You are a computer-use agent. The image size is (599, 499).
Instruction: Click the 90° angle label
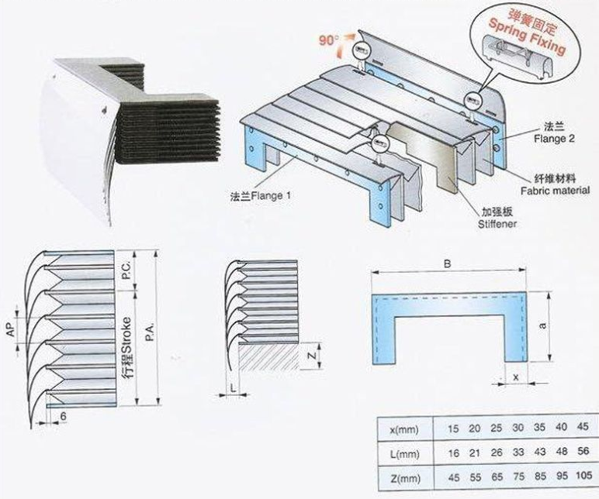point(329,37)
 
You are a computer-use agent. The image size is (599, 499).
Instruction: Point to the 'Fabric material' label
point(557,189)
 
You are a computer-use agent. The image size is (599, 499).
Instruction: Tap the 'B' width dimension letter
point(447,263)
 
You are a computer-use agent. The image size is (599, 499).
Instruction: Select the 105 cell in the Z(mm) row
point(583,473)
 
